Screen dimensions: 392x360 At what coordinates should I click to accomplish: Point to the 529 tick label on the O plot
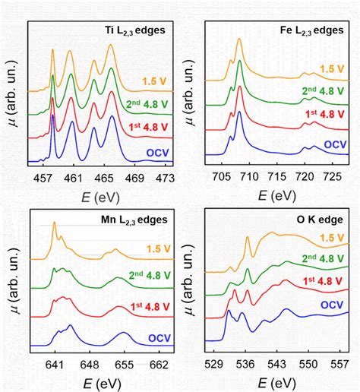[x=219, y=364]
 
